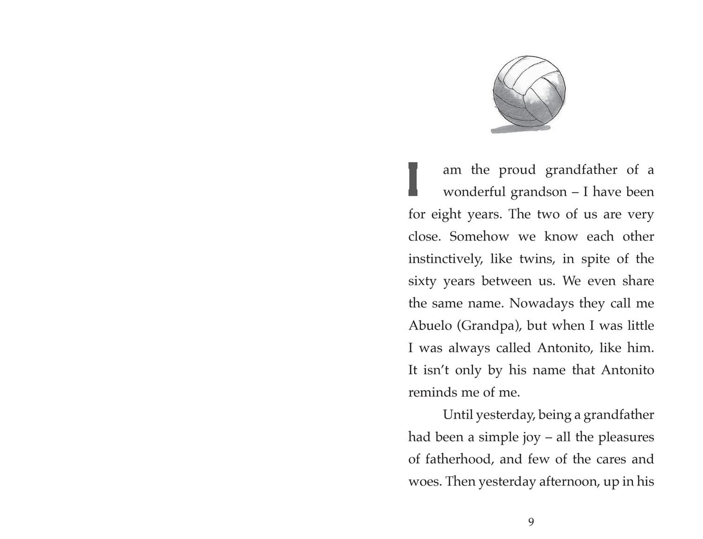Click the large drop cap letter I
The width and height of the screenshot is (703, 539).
click(x=413, y=179)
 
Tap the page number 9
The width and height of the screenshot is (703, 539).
click(x=531, y=522)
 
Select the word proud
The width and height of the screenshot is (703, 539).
click(x=517, y=170)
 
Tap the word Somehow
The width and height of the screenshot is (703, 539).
click(x=479, y=236)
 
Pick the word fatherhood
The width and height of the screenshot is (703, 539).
click(x=458, y=459)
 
